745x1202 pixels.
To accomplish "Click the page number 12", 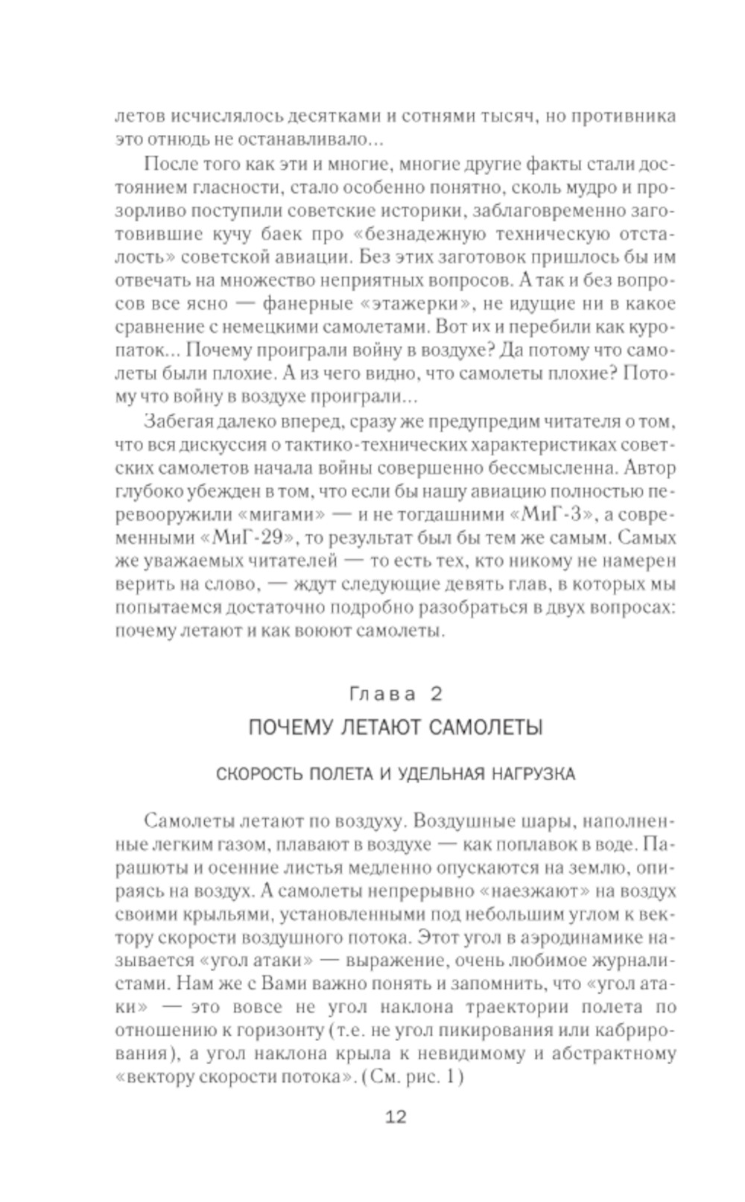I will pos(396,1116).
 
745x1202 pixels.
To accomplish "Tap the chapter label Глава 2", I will pos(396,694).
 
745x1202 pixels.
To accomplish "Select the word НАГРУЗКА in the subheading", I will pos(530,774).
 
